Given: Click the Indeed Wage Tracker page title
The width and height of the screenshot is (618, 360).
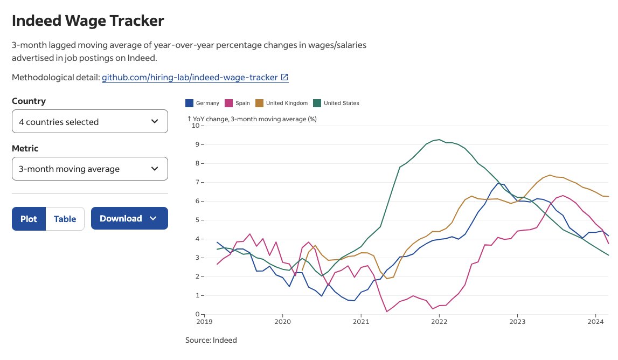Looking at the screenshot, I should [x=88, y=21].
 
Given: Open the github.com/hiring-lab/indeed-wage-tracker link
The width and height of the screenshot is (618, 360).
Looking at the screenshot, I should [x=190, y=77].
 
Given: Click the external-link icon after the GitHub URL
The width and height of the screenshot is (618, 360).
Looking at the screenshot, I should [x=284, y=77].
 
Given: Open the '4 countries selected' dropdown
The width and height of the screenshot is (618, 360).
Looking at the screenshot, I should [x=90, y=122].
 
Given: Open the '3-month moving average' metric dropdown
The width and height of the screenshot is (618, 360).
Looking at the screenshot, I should [x=90, y=169].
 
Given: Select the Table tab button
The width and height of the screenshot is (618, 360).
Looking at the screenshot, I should [x=65, y=219].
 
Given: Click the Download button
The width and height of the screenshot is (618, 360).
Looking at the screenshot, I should [x=129, y=218].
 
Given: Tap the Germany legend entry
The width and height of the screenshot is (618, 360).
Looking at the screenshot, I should [x=203, y=103].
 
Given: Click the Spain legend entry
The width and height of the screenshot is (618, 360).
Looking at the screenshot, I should [x=238, y=103].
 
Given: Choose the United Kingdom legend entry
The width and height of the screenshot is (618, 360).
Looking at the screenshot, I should [x=281, y=103].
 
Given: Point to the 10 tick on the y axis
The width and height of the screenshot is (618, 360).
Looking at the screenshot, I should [x=195, y=126].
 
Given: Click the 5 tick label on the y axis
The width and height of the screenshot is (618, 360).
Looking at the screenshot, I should [x=197, y=220].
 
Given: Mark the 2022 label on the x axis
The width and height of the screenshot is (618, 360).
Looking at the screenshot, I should [x=439, y=321].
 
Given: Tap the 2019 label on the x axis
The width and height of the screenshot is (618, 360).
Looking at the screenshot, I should [x=205, y=321].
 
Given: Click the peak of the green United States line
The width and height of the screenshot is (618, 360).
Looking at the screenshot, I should [x=439, y=140].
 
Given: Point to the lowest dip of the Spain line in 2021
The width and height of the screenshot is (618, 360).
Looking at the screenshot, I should [x=387, y=311].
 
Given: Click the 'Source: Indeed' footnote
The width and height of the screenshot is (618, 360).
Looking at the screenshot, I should [x=211, y=340].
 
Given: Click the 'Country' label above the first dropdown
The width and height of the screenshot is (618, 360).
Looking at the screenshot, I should [x=29, y=101].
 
